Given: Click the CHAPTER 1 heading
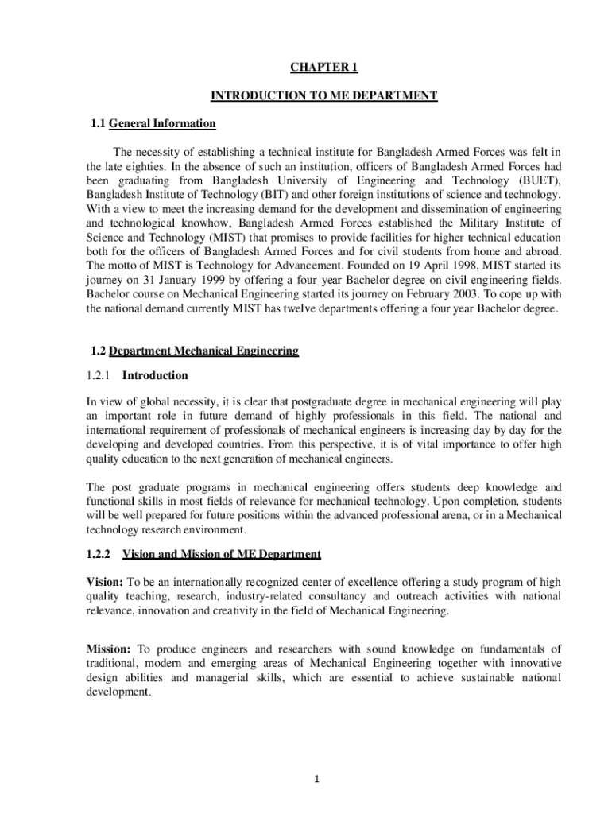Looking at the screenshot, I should (323, 68).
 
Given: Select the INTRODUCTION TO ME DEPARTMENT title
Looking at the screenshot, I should (323, 96).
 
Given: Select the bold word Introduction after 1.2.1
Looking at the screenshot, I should (155, 375).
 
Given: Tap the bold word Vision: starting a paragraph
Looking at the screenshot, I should (104, 582).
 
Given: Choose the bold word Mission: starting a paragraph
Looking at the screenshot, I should (109, 649).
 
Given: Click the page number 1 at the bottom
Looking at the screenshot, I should (316, 779).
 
